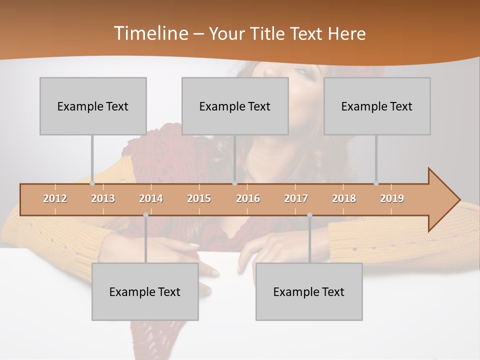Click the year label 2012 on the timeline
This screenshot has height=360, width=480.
(x=55, y=198)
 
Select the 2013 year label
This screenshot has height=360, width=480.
(x=103, y=198)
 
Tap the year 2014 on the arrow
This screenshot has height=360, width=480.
(x=151, y=198)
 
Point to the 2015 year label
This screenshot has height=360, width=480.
(x=199, y=198)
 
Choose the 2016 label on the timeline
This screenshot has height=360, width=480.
(x=248, y=198)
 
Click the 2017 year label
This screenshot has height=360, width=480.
(x=296, y=198)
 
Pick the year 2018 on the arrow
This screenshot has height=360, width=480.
(x=344, y=198)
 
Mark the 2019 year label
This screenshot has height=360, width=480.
(x=392, y=198)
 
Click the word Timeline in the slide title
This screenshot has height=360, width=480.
(x=149, y=33)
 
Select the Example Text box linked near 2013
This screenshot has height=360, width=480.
(x=93, y=106)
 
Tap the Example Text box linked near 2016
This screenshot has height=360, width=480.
(x=235, y=106)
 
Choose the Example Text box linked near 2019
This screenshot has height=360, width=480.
(x=377, y=106)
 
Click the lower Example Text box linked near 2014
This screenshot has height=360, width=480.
(x=145, y=291)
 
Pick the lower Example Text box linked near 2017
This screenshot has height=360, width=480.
(x=309, y=291)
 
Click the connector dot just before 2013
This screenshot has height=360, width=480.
(x=92, y=183)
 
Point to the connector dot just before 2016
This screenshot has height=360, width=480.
(x=234, y=183)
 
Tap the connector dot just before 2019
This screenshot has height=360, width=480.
(x=376, y=183)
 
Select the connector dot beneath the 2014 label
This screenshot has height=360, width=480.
(x=145, y=215)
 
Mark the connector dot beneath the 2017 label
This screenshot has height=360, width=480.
(x=309, y=215)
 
